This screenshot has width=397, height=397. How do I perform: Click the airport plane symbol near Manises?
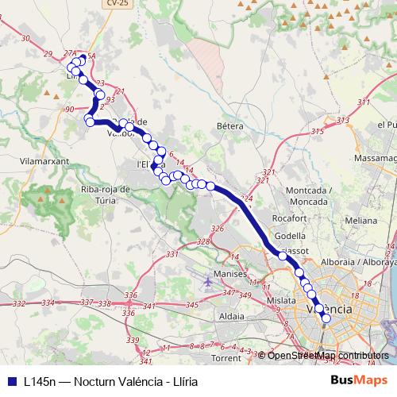tap(208, 281)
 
